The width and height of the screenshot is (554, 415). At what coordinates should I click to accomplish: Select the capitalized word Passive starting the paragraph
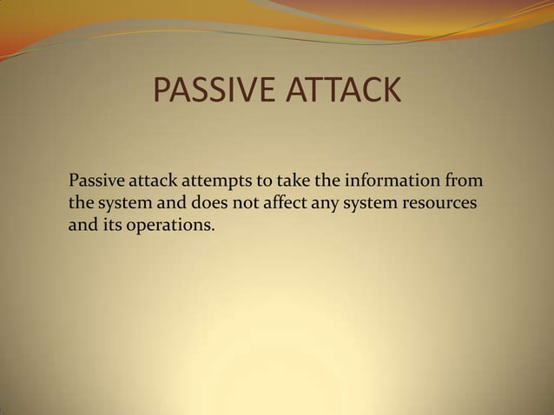point(97,182)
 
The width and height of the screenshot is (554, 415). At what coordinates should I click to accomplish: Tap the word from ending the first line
point(465,182)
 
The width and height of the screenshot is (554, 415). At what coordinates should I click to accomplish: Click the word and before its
point(82,227)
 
